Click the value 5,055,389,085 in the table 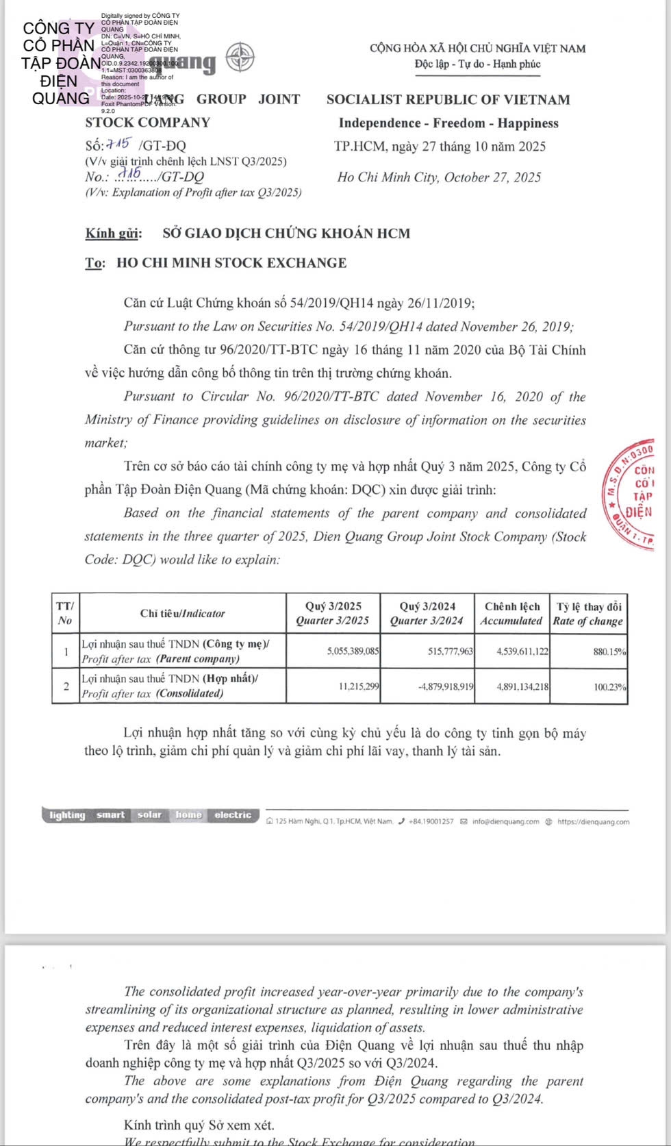tap(353, 651)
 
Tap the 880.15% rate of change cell tap(609, 651)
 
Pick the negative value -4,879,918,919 tap(446, 686)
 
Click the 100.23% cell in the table tap(609, 686)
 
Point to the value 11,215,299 tap(359, 686)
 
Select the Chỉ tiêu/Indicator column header tap(182, 613)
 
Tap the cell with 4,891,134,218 tap(522, 686)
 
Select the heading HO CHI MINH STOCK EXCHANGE tap(231, 263)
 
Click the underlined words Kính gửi tap(114, 233)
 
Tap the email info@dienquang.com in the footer tap(505, 821)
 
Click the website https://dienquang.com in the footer tap(593, 821)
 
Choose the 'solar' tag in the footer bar tap(149, 815)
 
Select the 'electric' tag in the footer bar tap(233, 815)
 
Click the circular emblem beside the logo tap(240, 57)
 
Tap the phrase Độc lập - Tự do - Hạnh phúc tap(477, 64)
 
